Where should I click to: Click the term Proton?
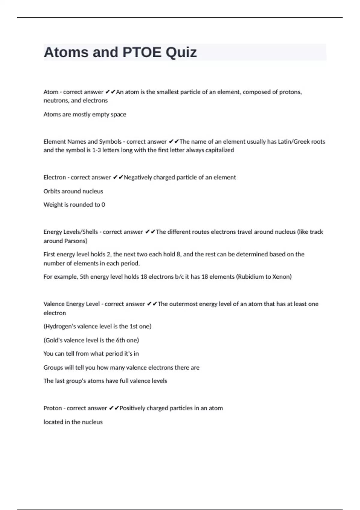tap(53, 408)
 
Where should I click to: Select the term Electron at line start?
tap(55, 177)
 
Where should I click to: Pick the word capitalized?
tap(220, 150)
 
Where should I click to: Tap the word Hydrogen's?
tap(59, 326)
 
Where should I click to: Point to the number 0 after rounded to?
tap(103, 205)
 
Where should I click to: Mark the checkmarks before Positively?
tap(114, 408)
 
